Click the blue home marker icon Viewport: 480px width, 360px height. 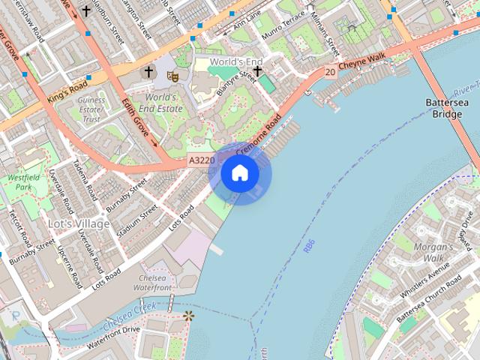pos(239,173)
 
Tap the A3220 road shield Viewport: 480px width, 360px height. pos(201,160)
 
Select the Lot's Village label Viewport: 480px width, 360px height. pos(79,223)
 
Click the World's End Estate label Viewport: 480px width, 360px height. pos(163,103)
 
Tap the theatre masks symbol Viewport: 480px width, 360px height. pos(172,75)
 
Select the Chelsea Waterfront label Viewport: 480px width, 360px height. pos(152,282)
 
